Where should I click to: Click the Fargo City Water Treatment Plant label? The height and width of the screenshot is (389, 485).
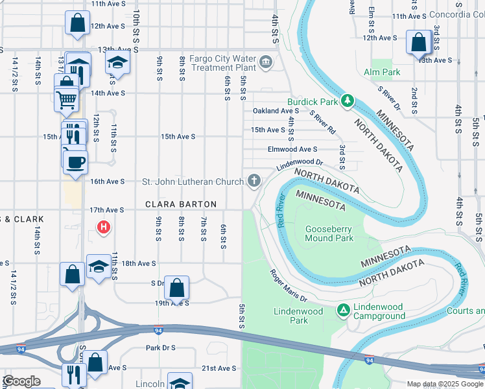[x=221, y=63]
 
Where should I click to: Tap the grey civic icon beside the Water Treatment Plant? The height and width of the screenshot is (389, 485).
[x=265, y=62]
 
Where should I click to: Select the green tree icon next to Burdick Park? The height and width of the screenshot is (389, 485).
[x=348, y=101]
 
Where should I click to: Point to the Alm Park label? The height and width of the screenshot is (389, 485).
[x=382, y=73]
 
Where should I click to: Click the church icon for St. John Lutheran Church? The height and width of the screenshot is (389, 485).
[x=254, y=181]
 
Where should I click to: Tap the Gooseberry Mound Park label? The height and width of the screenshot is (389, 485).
[x=329, y=233]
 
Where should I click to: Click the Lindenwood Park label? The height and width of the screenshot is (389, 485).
[x=298, y=316]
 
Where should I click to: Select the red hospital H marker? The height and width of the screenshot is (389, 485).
[x=102, y=227]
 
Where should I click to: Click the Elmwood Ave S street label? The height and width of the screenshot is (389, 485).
[x=292, y=149]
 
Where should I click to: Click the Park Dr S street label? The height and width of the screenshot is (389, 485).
[x=161, y=348]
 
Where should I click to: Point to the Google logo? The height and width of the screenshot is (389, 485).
[x=21, y=381]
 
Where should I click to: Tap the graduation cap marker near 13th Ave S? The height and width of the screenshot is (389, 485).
[x=117, y=62]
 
